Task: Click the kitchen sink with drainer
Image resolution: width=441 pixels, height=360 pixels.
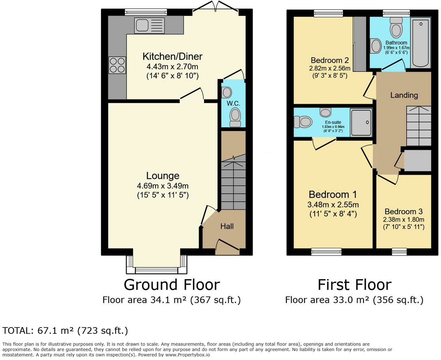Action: [149, 26]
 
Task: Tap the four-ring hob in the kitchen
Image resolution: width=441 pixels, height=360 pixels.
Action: [117, 65]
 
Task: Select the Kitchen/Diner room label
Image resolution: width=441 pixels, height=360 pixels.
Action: [172, 57]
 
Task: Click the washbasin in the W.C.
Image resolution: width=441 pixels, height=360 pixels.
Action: [226, 93]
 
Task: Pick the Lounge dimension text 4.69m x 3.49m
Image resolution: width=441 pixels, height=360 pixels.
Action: [163, 185]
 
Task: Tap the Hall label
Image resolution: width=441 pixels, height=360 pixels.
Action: [227, 226]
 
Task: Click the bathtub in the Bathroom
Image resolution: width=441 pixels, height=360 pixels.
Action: [420, 43]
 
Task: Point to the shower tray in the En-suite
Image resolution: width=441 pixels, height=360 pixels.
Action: [361, 122]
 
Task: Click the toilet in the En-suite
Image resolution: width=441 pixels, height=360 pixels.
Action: [303, 122]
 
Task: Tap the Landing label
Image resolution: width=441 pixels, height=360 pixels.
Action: [404, 95]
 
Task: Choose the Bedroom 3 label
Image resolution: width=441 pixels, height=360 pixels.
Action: [404, 211]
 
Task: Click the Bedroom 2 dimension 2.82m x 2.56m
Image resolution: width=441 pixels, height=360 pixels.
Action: [330, 68]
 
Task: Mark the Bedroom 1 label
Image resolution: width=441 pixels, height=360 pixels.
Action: [333, 194]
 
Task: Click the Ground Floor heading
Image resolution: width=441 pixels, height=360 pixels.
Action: [171, 284]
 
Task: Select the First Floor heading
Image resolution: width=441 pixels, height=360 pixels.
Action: [355, 284]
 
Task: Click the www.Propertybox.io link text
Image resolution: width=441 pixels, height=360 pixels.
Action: [188, 355]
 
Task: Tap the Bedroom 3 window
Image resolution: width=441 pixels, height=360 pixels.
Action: [399, 252]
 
